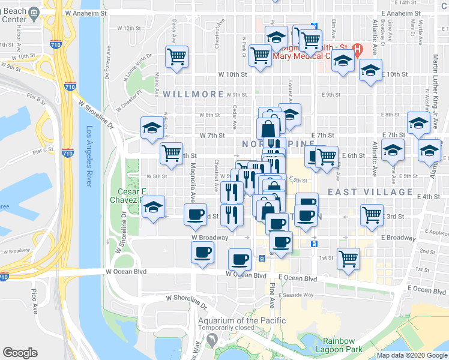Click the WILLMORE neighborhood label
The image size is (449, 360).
[x=186, y=94]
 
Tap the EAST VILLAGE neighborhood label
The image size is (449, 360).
[x=370, y=192]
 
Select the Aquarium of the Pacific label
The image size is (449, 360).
[x=238, y=320]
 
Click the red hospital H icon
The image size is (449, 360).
[x=358, y=49]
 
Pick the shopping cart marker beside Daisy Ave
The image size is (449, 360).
[x=177, y=57]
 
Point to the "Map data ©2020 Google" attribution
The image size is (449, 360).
[x=412, y=355]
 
